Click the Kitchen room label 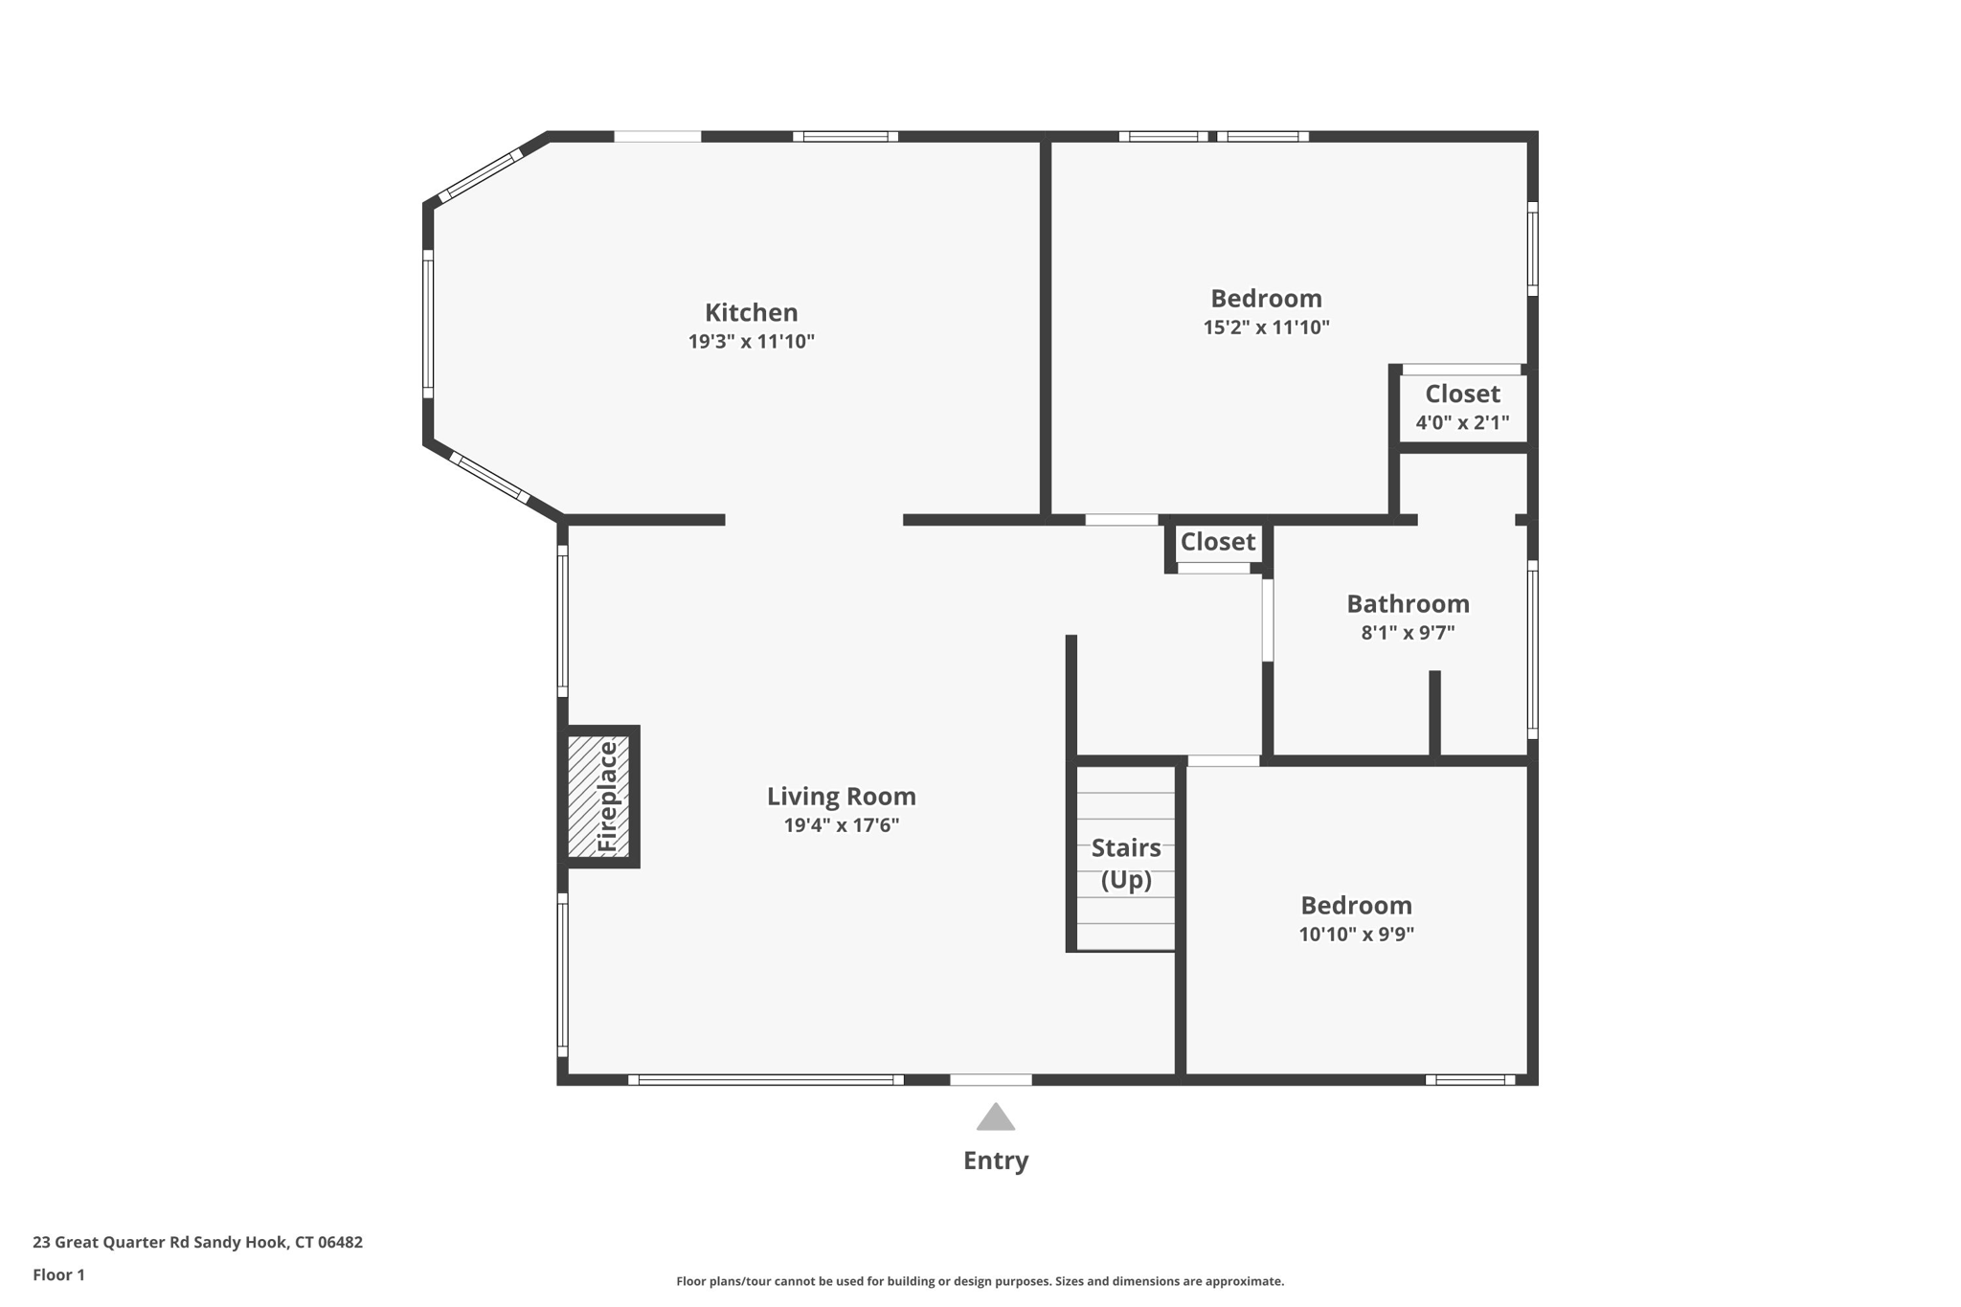click(x=751, y=312)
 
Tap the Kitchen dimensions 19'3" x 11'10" click(x=751, y=342)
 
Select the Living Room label click(x=841, y=796)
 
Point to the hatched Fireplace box click(x=598, y=797)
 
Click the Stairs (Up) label click(x=1126, y=863)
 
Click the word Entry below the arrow click(x=995, y=1161)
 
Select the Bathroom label click(x=1408, y=603)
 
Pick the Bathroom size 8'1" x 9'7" click(x=1408, y=633)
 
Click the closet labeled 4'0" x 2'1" click(x=1462, y=408)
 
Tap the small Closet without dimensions click(x=1217, y=542)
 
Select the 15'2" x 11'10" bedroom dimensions click(x=1266, y=327)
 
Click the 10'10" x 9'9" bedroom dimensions click(x=1356, y=935)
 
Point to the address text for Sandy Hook click(x=197, y=1243)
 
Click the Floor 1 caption click(x=58, y=1275)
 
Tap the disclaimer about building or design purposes click(x=980, y=1281)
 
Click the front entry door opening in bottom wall click(x=990, y=1080)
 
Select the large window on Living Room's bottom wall click(x=765, y=1080)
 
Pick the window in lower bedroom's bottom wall click(x=1470, y=1080)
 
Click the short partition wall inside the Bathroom click(x=1434, y=713)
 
